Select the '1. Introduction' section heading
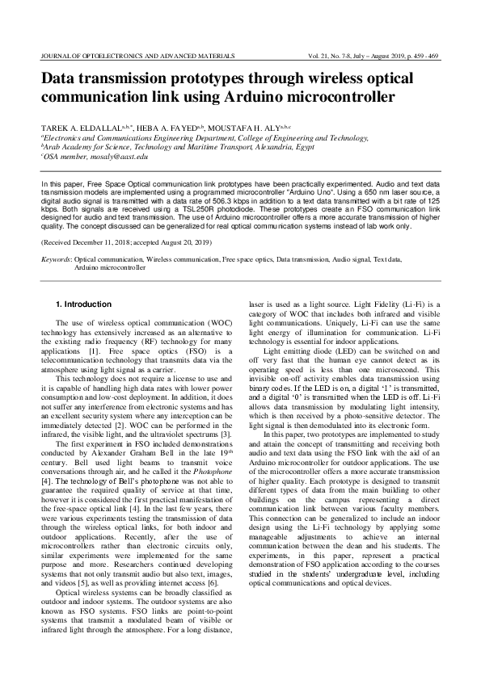[83, 304]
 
